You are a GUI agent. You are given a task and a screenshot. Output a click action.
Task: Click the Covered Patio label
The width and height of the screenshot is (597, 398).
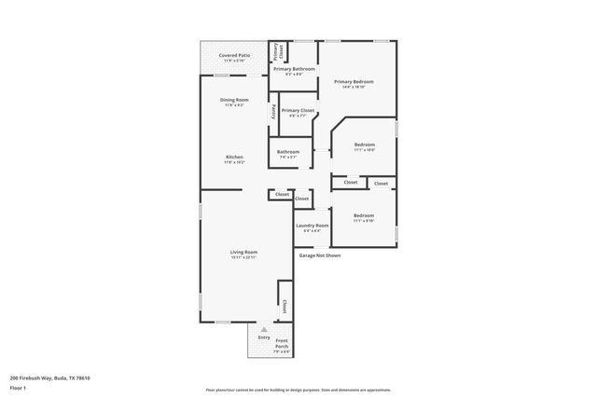234,56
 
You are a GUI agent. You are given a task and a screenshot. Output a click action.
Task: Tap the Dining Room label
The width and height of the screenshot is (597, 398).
234,100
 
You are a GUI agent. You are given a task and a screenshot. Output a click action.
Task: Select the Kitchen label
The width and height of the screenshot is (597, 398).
234,157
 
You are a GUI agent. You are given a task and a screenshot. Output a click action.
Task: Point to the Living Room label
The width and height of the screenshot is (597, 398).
244,252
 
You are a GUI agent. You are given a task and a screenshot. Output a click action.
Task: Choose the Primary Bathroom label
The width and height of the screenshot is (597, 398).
294,69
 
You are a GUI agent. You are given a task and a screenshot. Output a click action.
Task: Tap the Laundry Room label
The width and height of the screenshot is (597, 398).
312,226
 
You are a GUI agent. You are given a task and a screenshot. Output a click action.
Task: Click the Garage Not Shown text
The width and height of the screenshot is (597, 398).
320,254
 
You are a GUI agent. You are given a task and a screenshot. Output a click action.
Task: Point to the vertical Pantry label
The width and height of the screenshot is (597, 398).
273,111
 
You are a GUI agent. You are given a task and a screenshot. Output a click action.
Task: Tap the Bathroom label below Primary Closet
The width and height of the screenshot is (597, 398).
288,152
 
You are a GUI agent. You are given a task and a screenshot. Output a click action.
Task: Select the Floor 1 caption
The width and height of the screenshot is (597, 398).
19,387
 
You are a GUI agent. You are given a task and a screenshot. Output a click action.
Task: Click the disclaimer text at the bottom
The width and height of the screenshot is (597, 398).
298,390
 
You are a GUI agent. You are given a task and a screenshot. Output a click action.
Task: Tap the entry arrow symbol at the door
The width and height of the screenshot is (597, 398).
264,329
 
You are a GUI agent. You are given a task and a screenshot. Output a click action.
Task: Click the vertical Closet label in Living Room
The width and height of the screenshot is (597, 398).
285,306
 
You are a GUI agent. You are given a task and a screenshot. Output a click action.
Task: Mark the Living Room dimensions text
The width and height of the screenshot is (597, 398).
244,256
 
